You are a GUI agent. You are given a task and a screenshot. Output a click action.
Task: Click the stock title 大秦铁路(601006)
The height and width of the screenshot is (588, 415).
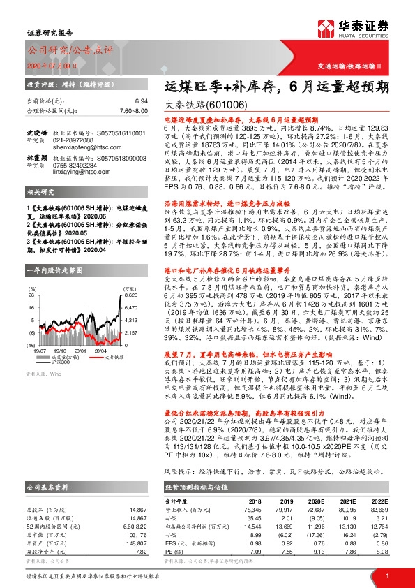tap(210, 104)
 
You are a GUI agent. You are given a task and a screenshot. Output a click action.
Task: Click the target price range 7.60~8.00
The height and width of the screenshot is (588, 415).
tap(134, 110)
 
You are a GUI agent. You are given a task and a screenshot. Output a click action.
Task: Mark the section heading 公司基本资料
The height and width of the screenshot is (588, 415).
tap(46, 485)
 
